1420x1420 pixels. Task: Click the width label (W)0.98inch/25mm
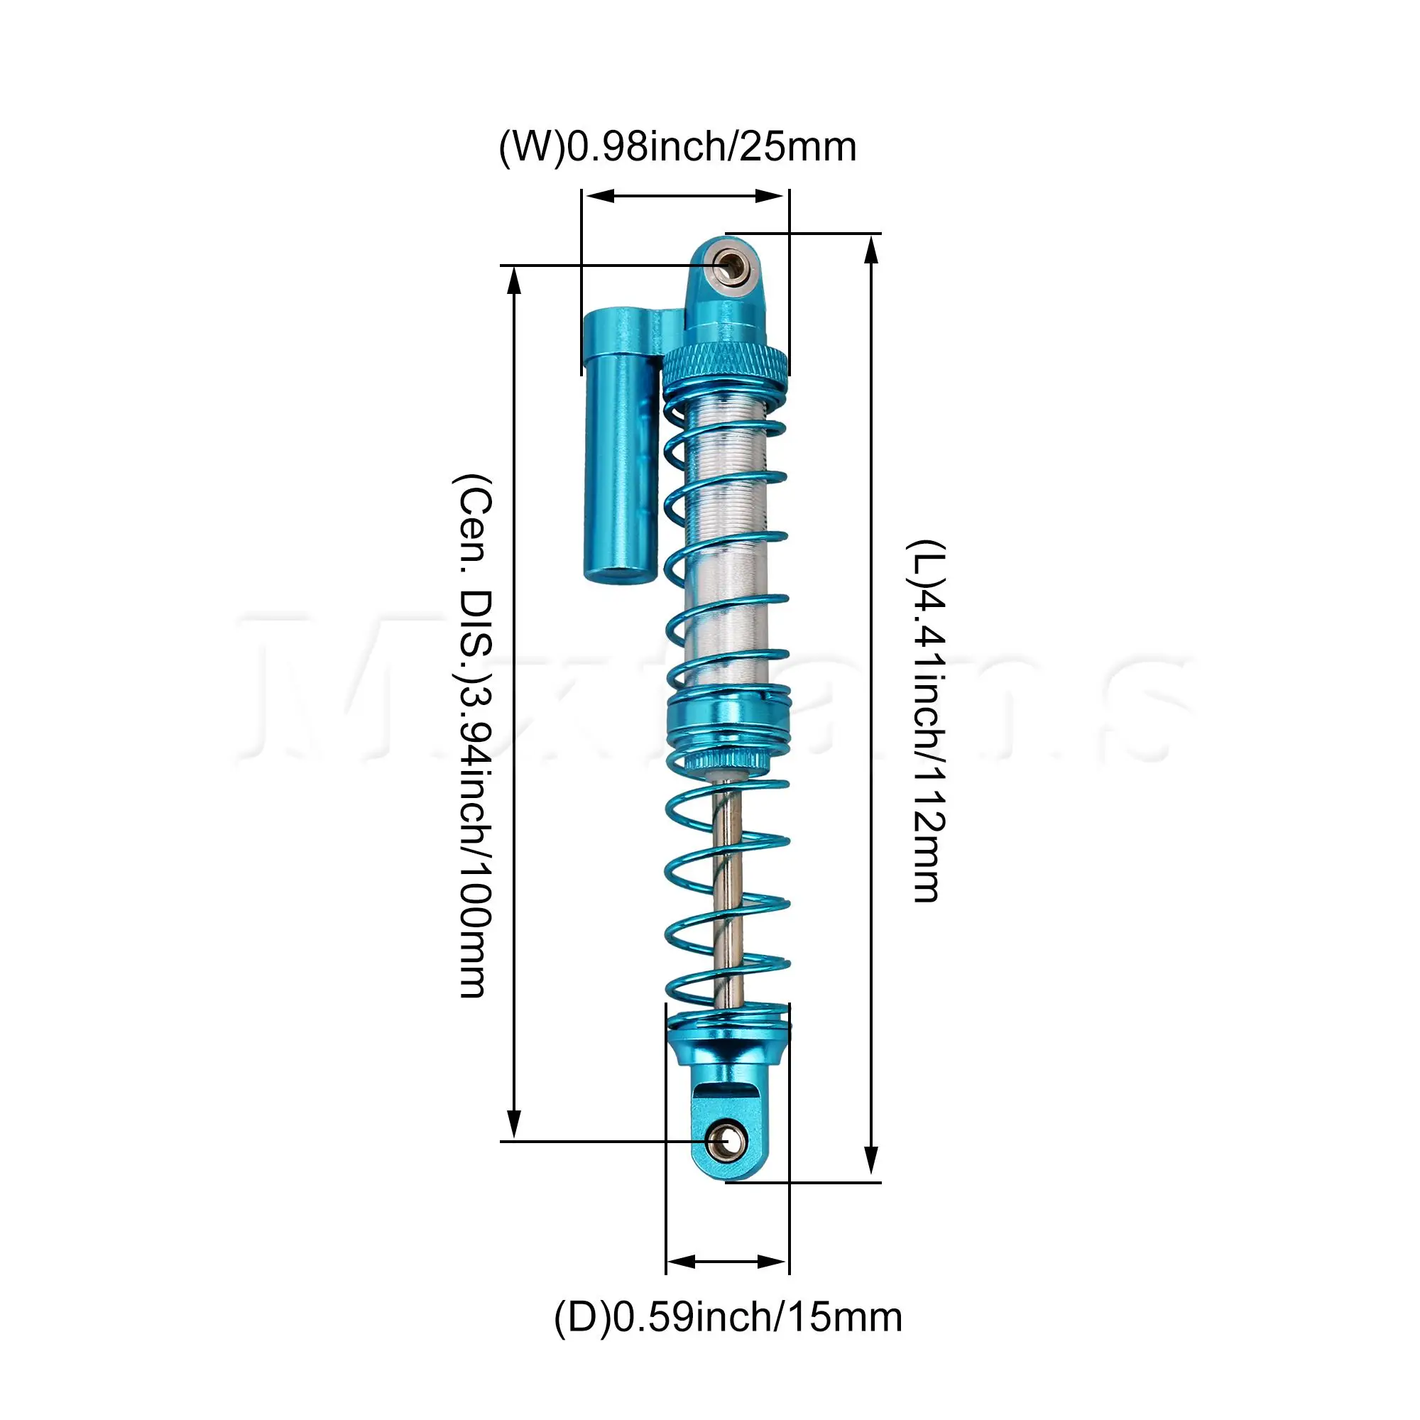point(677,148)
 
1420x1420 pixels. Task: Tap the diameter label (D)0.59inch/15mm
point(728,1317)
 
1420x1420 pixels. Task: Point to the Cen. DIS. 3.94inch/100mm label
point(473,736)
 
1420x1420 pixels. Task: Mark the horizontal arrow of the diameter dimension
point(726,1262)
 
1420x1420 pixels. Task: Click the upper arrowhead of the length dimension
point(871,250)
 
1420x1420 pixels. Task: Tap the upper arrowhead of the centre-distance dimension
point(515,283)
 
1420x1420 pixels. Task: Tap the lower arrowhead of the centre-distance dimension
point(515,1125)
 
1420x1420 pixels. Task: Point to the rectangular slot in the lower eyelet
point(728,1093)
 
